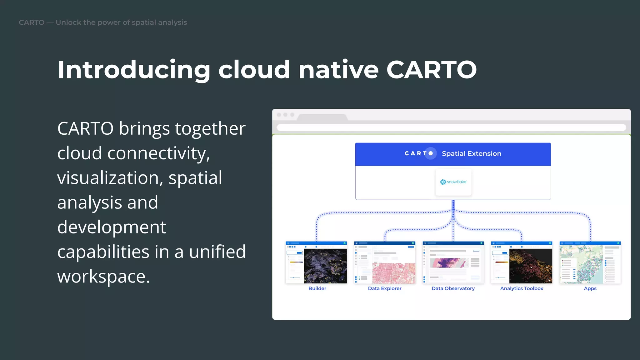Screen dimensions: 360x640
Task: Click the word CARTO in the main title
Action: pos(431,69)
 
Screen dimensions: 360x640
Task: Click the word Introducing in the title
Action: pos(134,69)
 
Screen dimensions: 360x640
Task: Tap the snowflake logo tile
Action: pos(453,182)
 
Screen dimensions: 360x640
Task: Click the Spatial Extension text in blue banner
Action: pos(471,153)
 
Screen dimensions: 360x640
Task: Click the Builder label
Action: pos(317,288)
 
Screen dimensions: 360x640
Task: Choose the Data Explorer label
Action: pos(385,288)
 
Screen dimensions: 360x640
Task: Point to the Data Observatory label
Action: pos(453,288)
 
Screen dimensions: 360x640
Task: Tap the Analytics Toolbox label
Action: pos(522,288)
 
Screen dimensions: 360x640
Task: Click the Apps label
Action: pos(590,288)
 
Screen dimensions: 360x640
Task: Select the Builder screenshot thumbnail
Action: pos(316,262)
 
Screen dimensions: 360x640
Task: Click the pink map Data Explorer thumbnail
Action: pos(385,262)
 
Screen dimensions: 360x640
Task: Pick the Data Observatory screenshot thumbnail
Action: pos(453,262)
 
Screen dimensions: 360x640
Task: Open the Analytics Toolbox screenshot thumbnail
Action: pos(522,262)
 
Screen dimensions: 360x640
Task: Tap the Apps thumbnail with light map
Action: pos(590,262)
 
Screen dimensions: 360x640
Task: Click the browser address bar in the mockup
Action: pos(451,127)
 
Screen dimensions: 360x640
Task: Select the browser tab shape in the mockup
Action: pos(322,117)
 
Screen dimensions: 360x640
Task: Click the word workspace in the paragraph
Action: pos(103,277)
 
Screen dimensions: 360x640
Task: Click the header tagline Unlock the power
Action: pos(121,22)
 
